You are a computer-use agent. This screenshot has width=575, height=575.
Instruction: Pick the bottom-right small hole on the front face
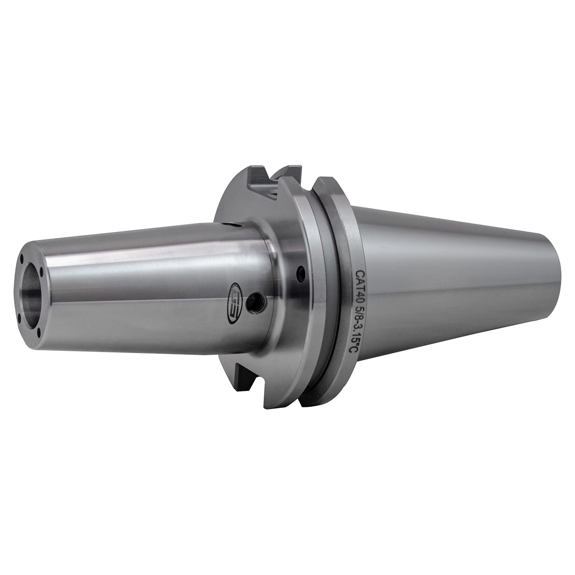[x=39, y=332]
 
